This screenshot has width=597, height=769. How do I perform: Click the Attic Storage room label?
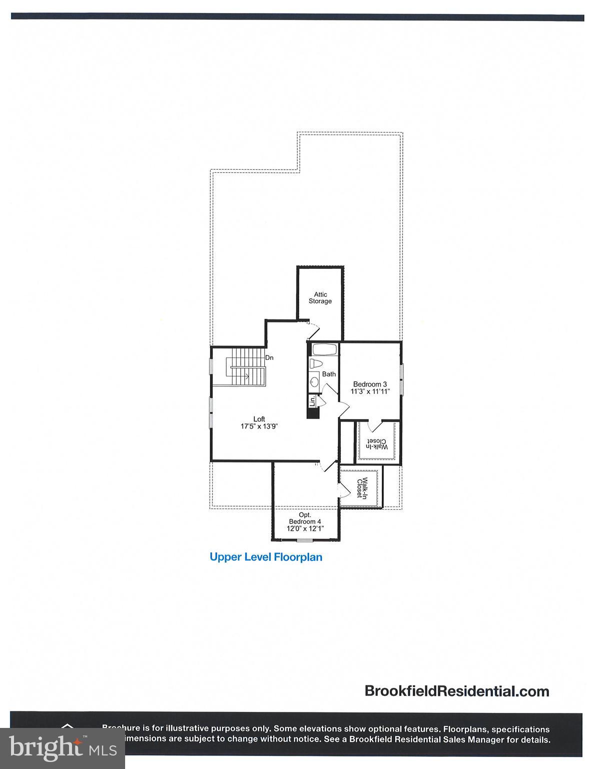(x=320, y=298)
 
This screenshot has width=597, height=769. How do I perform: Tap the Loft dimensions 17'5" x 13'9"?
(x=259, y=427)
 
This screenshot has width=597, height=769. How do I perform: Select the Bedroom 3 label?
(x=370, y=384)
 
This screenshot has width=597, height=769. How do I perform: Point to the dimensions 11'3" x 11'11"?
(x=370, y=392)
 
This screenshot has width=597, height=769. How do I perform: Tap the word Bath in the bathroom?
(x=329, y=374)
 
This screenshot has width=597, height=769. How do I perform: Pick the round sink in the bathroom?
(x=315, y=382)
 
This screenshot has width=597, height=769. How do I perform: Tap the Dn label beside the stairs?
(x=269, y=357)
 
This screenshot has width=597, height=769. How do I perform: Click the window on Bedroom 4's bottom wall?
(x=304, y=539)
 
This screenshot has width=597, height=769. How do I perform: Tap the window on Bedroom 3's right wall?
(x=401, y=379)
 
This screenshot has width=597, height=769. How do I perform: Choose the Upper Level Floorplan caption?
(x=266, y=557)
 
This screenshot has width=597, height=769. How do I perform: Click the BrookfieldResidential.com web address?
(x=457, y=691)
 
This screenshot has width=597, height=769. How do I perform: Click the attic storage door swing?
(x=314, y=330)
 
